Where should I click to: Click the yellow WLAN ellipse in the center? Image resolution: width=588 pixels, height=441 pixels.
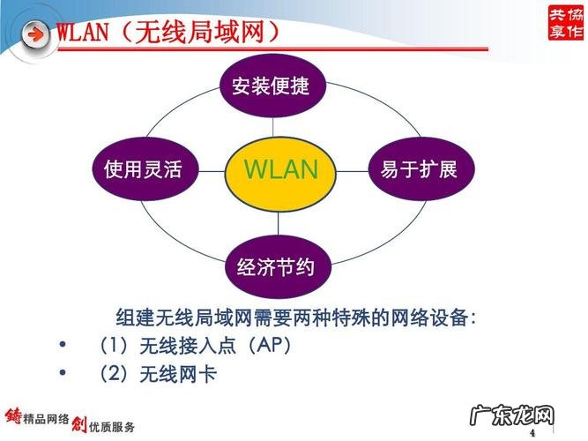(279, 169)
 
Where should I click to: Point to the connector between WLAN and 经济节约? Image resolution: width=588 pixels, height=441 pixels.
(279, 221)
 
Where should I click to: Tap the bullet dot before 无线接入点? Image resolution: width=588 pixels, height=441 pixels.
(61, 345)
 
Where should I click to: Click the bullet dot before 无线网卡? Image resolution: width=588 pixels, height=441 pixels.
(61, 374)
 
